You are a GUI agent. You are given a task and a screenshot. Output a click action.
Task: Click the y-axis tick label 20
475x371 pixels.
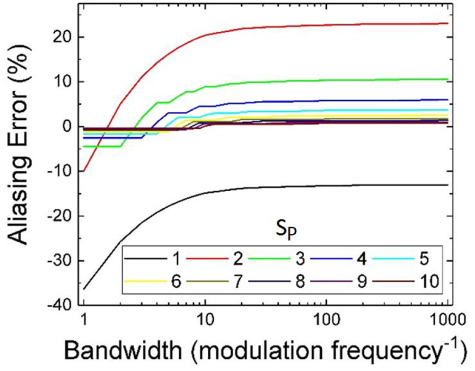[x=63, y=37]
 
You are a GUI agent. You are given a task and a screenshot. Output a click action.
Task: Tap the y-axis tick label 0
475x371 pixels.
[x=69, y=127]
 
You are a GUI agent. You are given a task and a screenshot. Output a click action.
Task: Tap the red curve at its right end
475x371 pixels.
[x=447, y=23]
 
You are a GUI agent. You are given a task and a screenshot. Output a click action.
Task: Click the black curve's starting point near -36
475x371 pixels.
[x=84, y=289]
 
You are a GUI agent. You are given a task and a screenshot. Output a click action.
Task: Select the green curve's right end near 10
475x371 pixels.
[x=447, y=79]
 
